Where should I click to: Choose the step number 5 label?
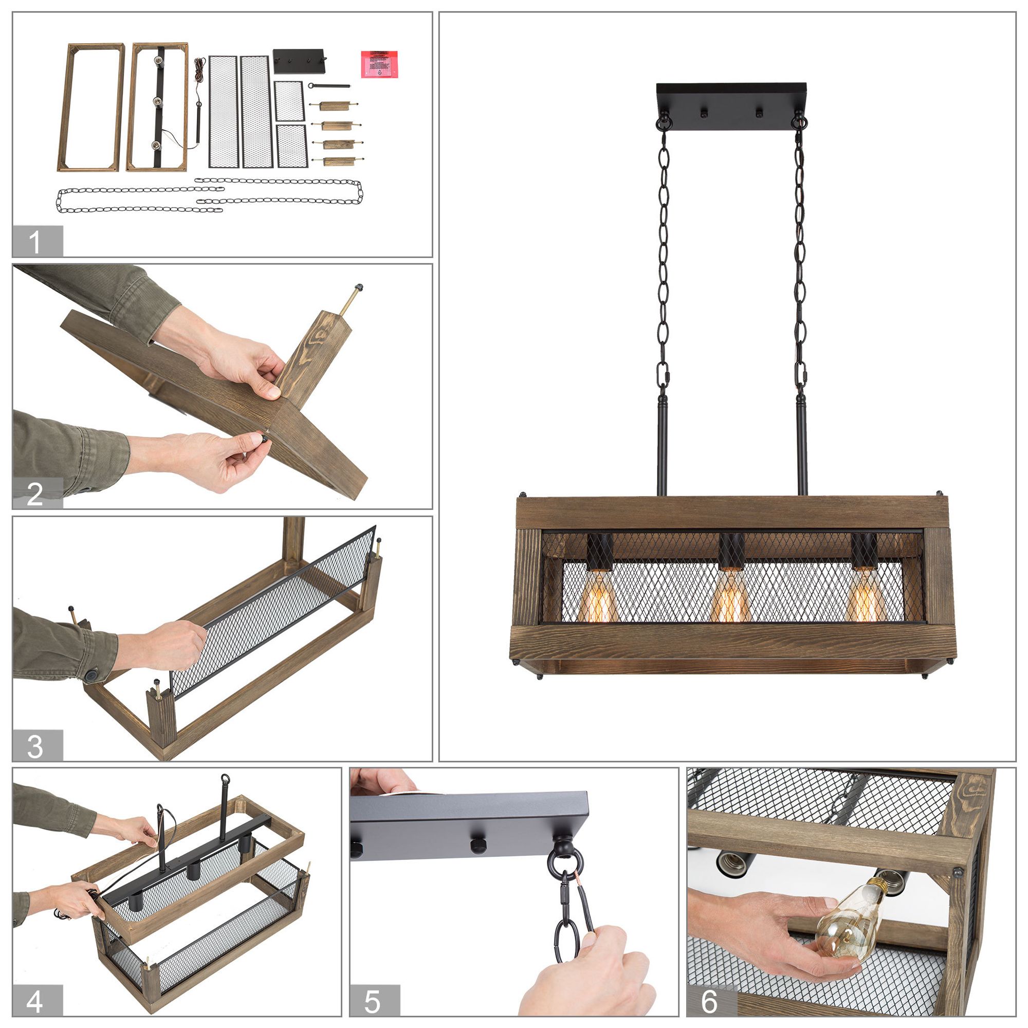coord(373,1001)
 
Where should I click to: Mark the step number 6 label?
coord(710,1001)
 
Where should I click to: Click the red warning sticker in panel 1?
coord(379,64)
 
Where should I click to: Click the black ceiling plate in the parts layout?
coord(298,61)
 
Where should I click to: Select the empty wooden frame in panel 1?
coord(91,107)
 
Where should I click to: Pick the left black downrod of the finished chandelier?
coord(663,447)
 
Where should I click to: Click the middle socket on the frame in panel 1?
coord(157,101)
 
